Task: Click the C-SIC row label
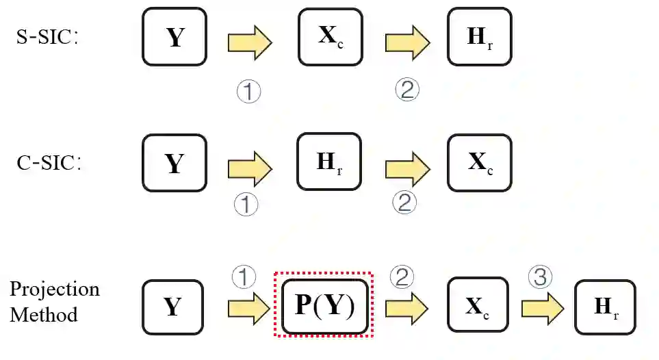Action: (48, 164)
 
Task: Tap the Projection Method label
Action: (54, 301)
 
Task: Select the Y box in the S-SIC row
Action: (175, 37)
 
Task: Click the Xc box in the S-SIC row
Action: (330, 37)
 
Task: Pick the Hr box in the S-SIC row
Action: (479, 37)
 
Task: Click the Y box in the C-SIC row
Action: (174, 164)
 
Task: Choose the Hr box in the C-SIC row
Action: (329, 162)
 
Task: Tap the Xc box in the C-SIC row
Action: (479, 164)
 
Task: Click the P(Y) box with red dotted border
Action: (324, 305)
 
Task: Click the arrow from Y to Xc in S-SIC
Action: (250, 43)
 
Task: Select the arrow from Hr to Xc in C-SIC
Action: (407, 169)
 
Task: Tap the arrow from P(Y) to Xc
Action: (407, 306)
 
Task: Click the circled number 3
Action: (541, 277)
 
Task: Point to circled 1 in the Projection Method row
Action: (244, 277)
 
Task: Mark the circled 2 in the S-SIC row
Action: (406, 89)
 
